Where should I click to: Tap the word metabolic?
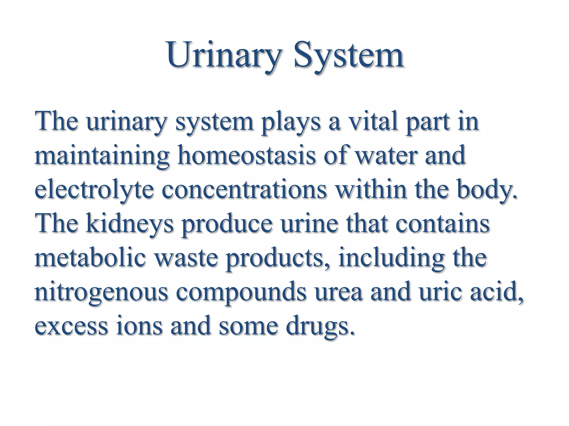(x=90, y=258)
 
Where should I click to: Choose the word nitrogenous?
(x=101, y=293)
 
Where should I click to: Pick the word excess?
(x=71, y=326)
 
